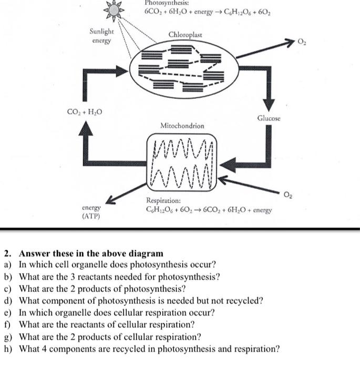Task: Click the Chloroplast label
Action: pos(185,35)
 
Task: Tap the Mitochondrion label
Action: pos(182,126)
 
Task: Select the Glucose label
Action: pos(269,118)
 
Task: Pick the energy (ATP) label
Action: pos(91,212)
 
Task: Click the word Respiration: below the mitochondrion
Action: pos(164,201)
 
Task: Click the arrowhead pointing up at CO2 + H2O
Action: pos(84,130)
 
